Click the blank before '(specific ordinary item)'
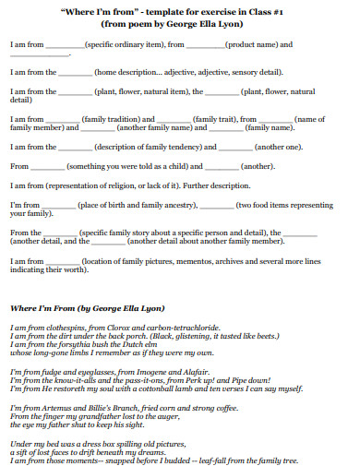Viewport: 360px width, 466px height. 64,44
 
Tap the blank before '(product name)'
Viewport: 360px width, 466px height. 206,44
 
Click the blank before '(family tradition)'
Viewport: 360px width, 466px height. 64,120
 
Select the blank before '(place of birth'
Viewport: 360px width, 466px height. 55,204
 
